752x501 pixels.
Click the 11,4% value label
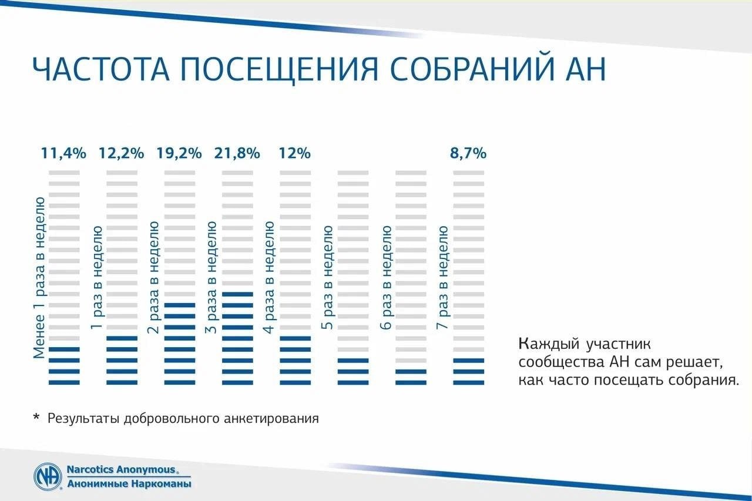click(63, 153)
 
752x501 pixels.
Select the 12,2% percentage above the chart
click(121, 153)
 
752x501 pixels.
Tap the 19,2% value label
click(179, 153)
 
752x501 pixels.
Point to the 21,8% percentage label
click(237, 153)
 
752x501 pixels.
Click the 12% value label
click(295, 153)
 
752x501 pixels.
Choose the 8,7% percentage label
click(468, 153)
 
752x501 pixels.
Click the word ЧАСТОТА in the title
click(101, 69)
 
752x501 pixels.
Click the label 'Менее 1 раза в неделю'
click(39, 278)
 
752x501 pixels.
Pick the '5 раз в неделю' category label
click(327, 277)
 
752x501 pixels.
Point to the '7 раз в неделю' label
click(442, 277)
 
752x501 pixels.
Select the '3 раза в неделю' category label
click(211, 277)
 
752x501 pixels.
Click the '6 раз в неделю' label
click(386, 277)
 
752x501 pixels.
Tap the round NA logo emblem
click(48, 476)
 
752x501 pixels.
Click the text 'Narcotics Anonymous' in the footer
click(121, 469)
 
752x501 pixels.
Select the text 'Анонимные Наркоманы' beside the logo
click(129, 484)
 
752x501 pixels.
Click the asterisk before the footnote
click(36, 417)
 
